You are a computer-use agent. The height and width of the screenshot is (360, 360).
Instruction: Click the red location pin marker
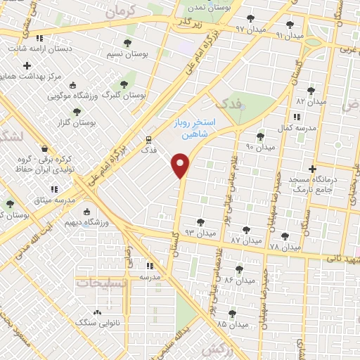(x=181, y=165)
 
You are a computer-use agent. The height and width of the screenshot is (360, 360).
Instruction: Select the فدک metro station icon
(x=148, y=139)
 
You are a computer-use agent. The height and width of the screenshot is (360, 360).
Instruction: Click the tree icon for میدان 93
(x=200, y=222)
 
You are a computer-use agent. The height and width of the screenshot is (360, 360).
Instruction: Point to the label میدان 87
(x=245, y=241)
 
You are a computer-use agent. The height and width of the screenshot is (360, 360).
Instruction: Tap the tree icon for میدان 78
(x=284, y=236)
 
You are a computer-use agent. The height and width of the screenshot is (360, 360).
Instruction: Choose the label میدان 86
(x=239, y=281)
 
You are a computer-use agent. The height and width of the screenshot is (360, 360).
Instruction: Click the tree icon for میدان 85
(x=233, y=314)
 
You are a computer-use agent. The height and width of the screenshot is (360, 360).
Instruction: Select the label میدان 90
(x=259, y=148)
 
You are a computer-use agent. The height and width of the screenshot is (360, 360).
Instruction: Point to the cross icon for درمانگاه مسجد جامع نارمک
(x=312, y=169)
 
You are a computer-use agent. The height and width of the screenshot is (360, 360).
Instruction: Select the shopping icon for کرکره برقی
(x=46, y=149)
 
